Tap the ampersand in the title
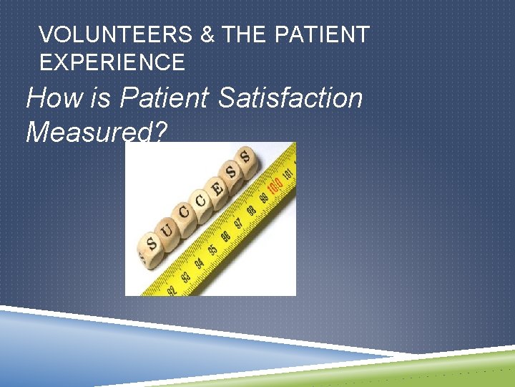pyautogui.click(x=207, y=34)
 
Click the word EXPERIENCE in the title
pyautogui.click(x=112, y=62)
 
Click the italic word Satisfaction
pyautogui.click(x=290, y=97)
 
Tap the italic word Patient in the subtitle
pyautogui.click(x=165, y=97)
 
